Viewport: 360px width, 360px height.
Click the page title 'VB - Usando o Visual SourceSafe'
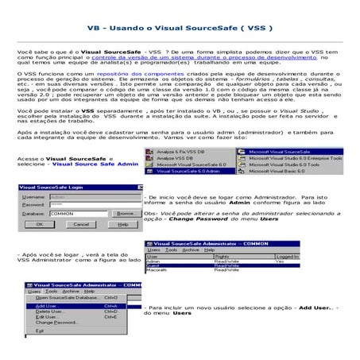tap(180, 26)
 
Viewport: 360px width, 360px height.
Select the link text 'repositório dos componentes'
tap(107, 72)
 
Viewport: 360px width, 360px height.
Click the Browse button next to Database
tap(125, 214)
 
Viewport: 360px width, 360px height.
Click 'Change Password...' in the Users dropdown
tap(56, 322)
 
